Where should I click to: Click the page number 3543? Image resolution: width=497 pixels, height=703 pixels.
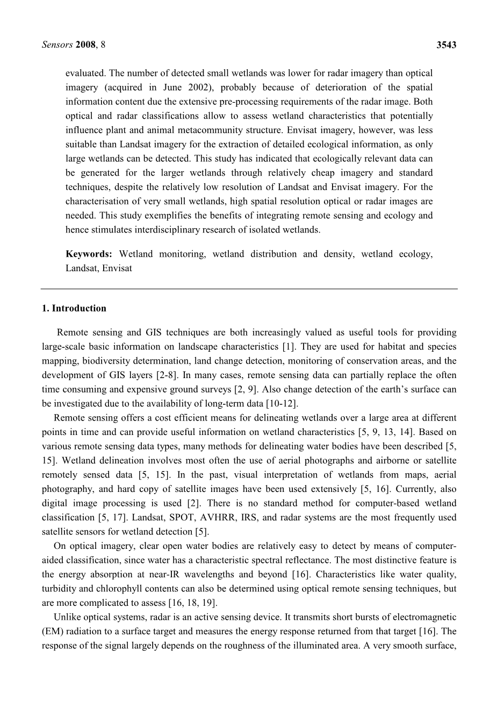point(446,45)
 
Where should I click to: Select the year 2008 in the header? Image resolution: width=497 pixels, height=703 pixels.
point(85,45)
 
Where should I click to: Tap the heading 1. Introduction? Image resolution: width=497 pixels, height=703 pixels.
point(74,308)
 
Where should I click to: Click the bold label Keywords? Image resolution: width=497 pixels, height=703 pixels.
point(89,254)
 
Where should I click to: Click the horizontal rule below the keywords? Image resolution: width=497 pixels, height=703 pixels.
point(249,289)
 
